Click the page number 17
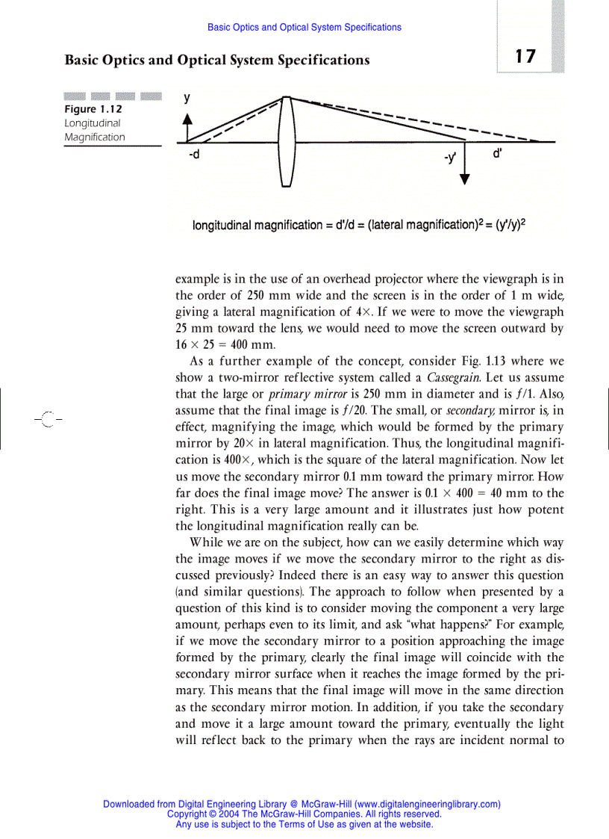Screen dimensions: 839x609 (x=525, y=56)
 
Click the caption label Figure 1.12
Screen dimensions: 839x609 (x=93, y=109)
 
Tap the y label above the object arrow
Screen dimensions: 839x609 (x=187, y=98)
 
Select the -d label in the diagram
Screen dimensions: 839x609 (x=194, y=155)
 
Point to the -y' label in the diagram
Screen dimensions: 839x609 (x=449, y=158)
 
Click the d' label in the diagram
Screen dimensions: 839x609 (x=497, y=154)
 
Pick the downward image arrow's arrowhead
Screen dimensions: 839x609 (x=465, y=178)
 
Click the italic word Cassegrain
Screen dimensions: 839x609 (x=453, y=377)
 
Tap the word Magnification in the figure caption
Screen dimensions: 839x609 (x=95, y=137)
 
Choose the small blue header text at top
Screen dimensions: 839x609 (x=304, y=28)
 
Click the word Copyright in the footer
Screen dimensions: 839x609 (x=187, y=814)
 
